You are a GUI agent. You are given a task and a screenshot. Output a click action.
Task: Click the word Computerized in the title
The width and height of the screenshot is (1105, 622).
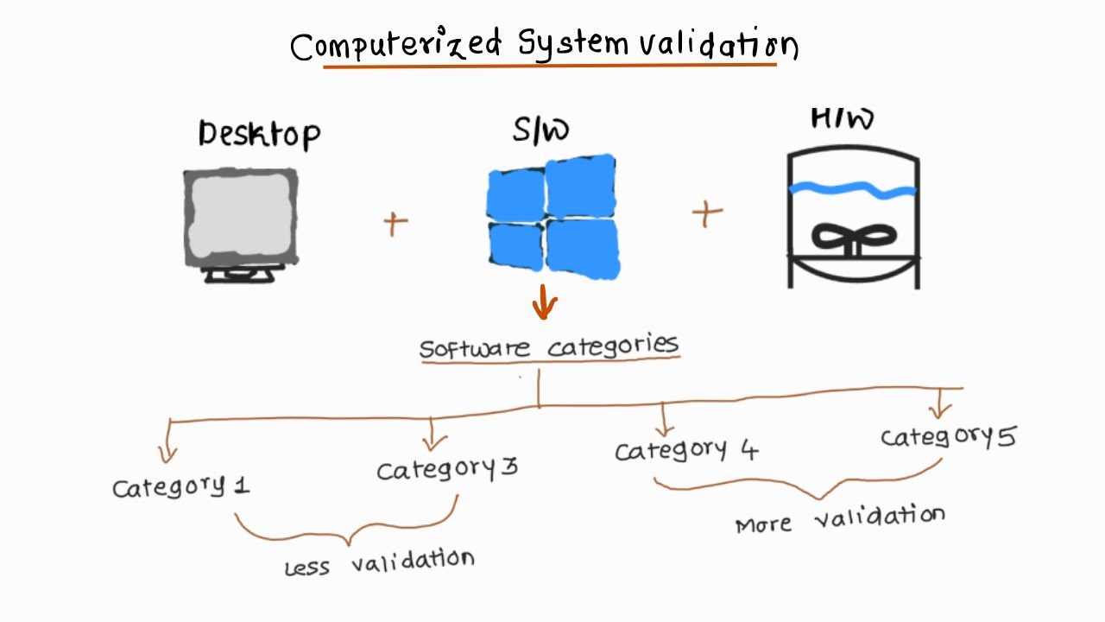click(x=396, y=45)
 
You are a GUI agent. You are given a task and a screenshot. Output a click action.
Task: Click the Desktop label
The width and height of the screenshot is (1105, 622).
click(x=259, y=135)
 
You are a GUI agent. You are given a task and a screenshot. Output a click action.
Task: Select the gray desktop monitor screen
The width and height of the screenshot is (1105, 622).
click(x=241, y=217)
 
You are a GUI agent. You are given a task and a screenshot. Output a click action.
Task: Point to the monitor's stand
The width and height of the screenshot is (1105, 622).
click(x=240, y=275)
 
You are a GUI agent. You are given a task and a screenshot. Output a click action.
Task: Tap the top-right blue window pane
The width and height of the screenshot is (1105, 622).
click(x=580, y=186)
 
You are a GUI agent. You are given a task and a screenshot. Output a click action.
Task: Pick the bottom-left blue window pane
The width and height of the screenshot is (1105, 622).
click(x=515, y=244)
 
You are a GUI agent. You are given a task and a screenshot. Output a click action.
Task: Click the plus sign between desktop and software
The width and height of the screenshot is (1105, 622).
click(x=395, y=223)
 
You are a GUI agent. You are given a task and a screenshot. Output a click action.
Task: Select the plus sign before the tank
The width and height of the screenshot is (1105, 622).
click(x=707, y=213)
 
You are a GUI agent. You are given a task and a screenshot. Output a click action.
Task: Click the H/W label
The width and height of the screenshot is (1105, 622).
click(x=842, y=119)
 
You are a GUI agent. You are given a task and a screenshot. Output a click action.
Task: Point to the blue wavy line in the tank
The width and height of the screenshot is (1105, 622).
click(x=853, y=188)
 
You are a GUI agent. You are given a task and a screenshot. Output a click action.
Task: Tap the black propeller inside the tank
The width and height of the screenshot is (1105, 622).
click(x=853, y=238)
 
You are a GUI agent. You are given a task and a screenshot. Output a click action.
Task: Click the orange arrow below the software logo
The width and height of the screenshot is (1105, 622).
click(x=544, y=302)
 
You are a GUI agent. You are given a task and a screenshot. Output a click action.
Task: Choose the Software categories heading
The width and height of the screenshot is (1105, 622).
click(x=549, y=347)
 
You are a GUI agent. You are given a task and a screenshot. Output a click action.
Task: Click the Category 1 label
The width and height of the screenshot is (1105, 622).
click(x=181, y=487)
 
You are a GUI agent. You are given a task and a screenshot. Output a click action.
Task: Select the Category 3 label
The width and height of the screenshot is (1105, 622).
click(x=446, y=469)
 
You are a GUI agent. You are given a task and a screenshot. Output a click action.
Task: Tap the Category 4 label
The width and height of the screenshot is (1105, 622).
click(x=686, y=450)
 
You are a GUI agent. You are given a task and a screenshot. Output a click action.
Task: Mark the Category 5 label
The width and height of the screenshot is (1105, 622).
click(x=948, y=437)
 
